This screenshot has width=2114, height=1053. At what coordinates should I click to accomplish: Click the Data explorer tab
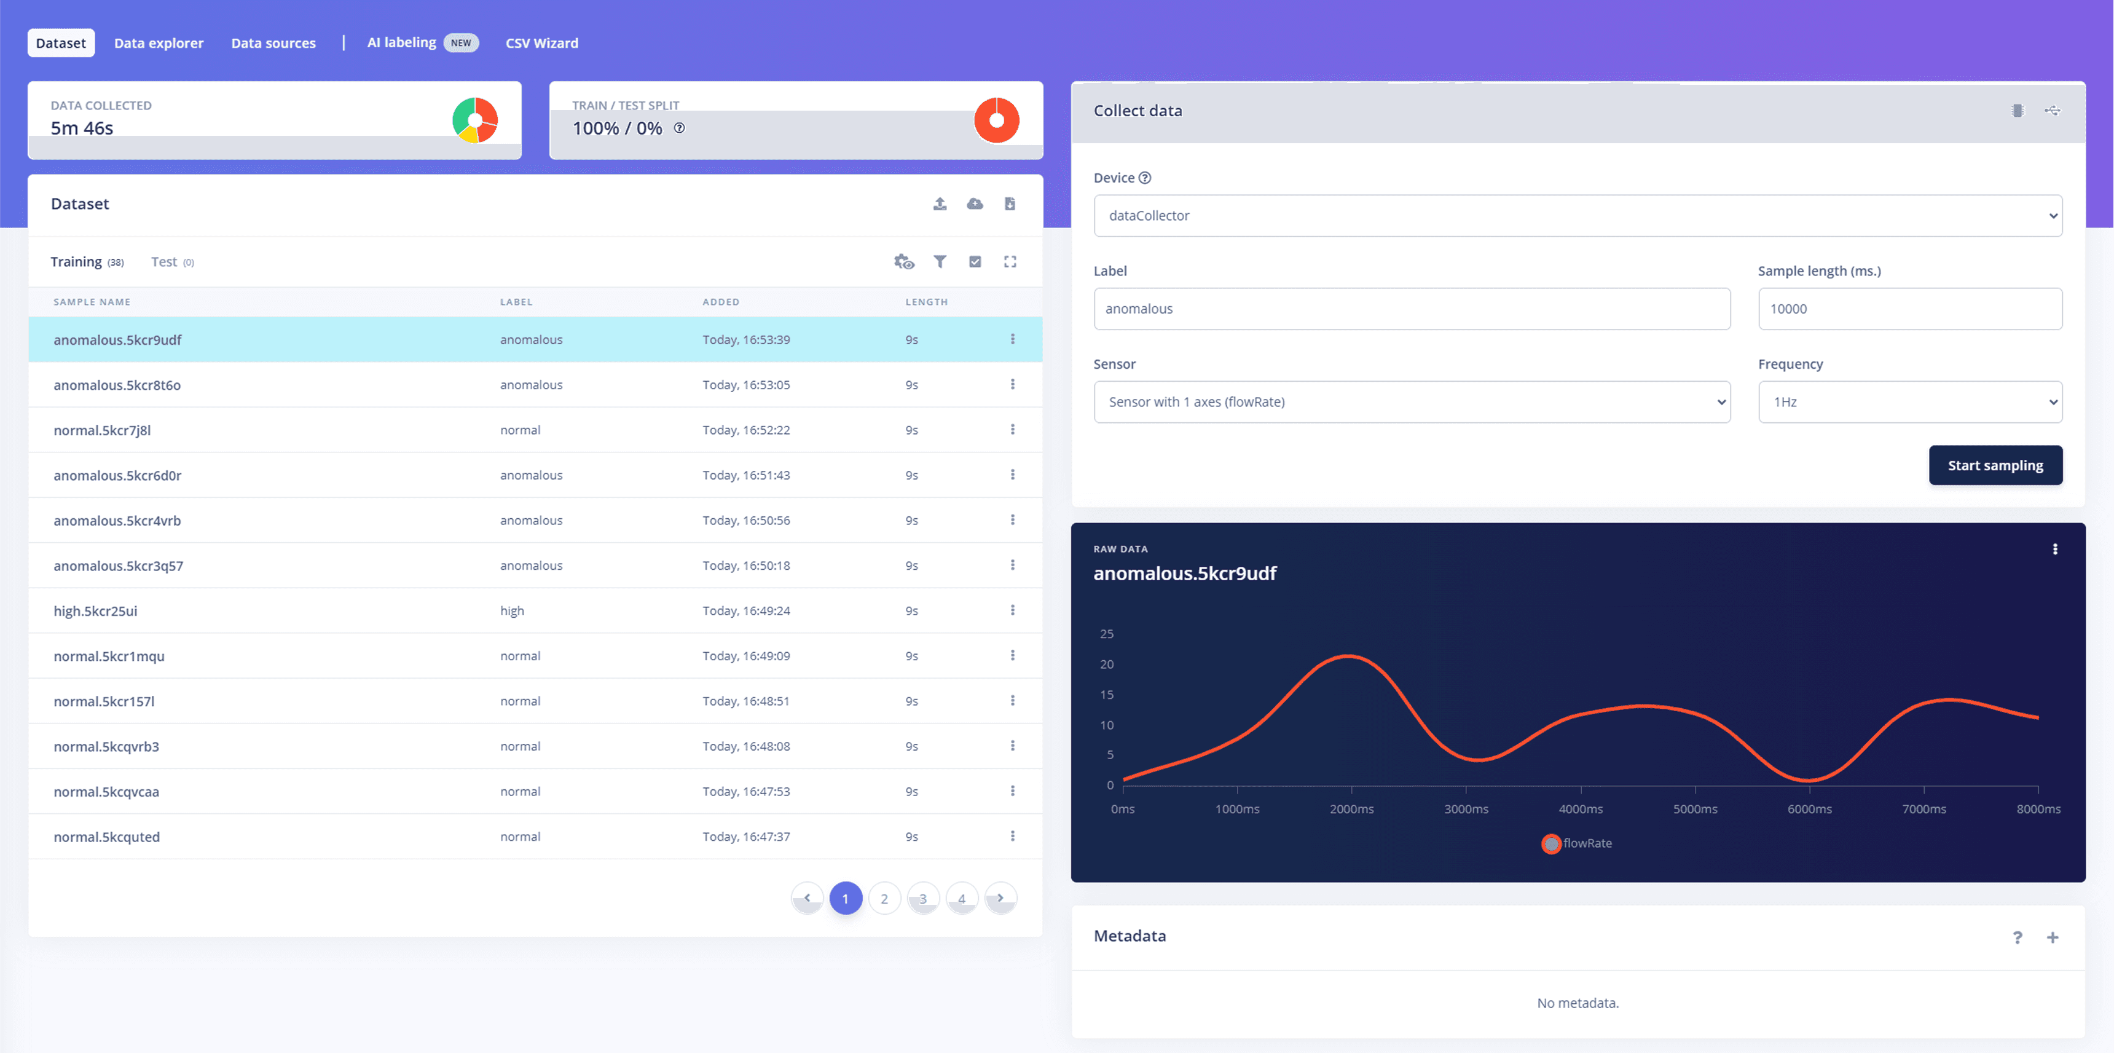click(159, 42)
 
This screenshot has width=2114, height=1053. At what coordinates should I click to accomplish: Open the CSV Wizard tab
click(541, 42)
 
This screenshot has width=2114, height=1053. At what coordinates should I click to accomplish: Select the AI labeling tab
click(401, 42)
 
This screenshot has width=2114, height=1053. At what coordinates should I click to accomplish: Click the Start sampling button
click(1995, 465)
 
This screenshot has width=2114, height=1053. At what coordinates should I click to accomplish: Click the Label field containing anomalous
click(1412, 309)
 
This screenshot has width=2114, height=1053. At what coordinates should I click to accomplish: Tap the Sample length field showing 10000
click(1909, 309)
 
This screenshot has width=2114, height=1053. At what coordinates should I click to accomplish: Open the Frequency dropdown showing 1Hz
click(1909, 402)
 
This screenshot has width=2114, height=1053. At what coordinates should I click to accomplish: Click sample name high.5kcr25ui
click(95, 610)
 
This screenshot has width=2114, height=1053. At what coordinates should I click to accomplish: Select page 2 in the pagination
click(884, 899)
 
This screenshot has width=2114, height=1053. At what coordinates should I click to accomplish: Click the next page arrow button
click(1000, 898)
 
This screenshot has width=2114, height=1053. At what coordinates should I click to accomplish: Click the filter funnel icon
click(940, 262)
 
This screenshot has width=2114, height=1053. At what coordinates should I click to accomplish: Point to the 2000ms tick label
click(1351, 809)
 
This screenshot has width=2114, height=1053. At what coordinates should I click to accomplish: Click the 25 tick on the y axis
click(1106, 634)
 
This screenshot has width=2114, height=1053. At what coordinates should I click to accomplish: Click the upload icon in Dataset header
click(940, 203)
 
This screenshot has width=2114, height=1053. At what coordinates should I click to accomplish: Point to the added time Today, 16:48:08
click(746, 746)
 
